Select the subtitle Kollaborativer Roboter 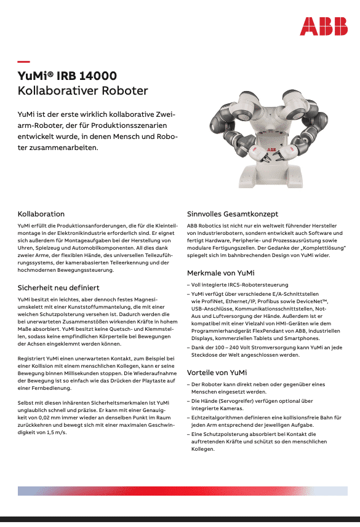pos(82,91)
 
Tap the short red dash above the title pos(24,61)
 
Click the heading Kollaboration pos(41,214)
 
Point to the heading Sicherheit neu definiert pos(58,287)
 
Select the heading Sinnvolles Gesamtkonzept pos(233,214)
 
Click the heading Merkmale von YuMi pos(221,272)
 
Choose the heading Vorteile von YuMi pos(217,373)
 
